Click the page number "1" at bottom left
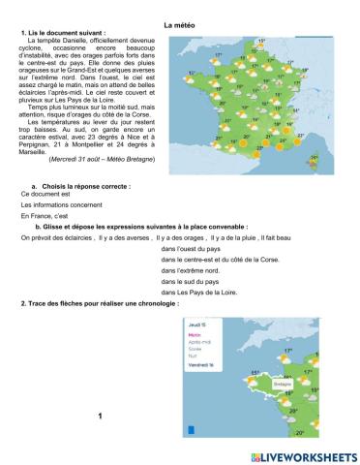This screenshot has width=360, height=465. pos(100,416)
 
